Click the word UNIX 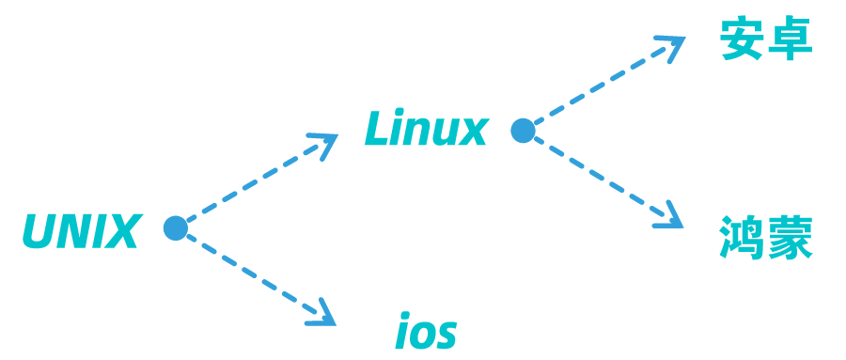81,231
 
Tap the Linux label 426,130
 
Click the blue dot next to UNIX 176,228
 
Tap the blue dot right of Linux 523,131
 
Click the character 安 742,40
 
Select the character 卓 790,40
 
